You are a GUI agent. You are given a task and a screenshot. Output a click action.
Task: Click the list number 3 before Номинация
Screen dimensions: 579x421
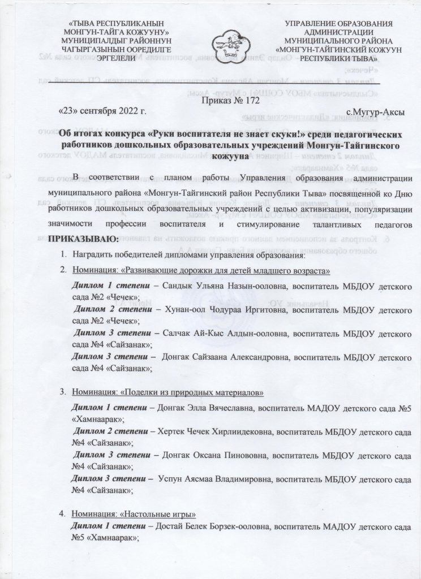[x=62, y=392]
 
